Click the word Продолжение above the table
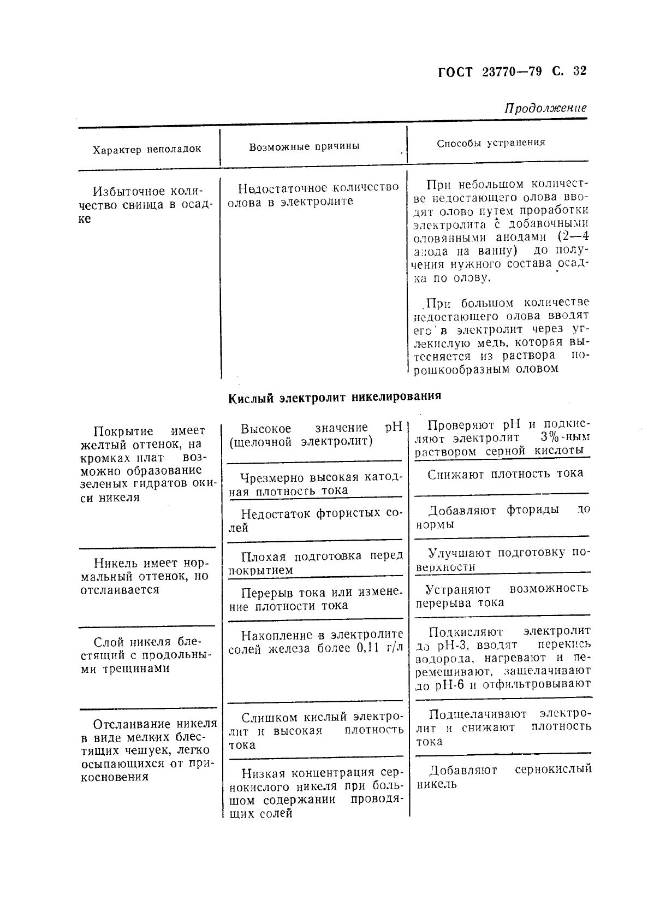(545, 108)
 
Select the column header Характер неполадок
(147, 149)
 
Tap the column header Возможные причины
(304, 146)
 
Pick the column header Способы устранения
(491, 143)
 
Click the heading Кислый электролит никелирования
(334, 397)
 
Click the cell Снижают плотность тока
(505, 474)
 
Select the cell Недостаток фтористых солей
(315, 520)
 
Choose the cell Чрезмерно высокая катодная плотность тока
(315, 483)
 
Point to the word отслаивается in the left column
(120, 590)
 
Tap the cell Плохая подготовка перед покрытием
(315, 563)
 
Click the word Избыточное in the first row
(128, 192)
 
